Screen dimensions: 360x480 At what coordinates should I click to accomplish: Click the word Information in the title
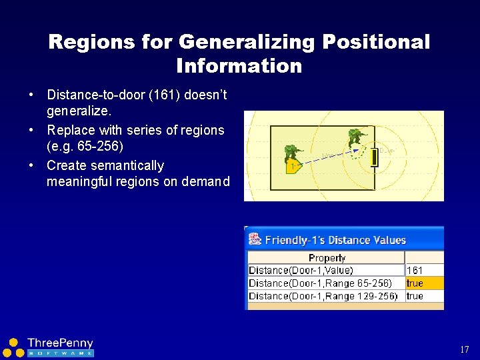click(x=239, y=66)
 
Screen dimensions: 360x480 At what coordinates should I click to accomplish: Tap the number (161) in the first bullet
click(x=149, y=95)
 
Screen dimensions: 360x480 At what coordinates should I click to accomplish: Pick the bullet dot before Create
click(x=31, y=165)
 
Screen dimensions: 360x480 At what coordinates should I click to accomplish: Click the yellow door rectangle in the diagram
click(x=374, y=157)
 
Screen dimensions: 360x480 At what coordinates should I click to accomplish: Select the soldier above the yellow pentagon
click(x=293, y=153)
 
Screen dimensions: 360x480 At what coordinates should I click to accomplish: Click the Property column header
click(x=327, y=258)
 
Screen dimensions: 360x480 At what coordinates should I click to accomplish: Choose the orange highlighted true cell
click(x=424, y=283)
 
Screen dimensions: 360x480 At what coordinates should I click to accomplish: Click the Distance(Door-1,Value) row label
click(x=301, y=271)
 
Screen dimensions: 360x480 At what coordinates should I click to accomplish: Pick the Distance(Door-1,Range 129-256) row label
click(x=323, y=296)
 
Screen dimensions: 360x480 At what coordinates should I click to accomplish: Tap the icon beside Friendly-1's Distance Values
click(x=255, y=239)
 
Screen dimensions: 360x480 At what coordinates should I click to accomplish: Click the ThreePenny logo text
click(x=60, y=343)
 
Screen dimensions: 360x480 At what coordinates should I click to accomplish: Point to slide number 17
click(x=464, y=349)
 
